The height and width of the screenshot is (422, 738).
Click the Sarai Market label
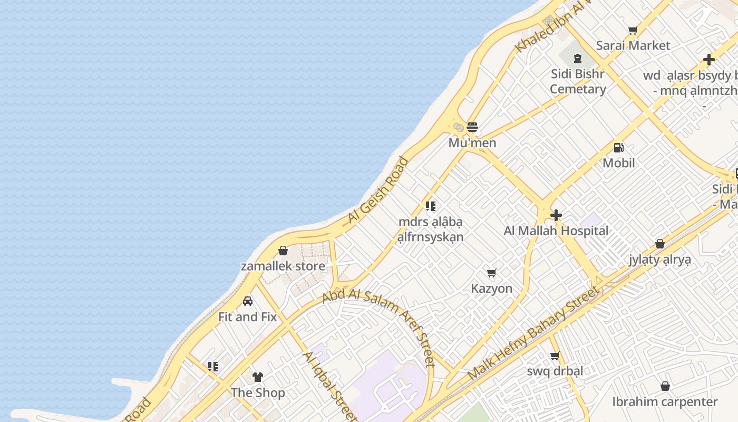(x=633, y=45)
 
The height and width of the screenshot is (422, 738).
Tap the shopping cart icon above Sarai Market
(x=633, y=31)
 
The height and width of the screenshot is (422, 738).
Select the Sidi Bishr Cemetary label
(x=578, y=81)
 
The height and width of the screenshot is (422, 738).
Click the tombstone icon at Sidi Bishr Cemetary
(x=578, y=59)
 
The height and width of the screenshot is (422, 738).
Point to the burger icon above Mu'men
(x=472, y=127)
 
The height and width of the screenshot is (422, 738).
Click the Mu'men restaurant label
(x=472, y=143)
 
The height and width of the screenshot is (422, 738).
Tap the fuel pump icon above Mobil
(x=619, y=148)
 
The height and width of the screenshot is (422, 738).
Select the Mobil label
(x=619, y=163)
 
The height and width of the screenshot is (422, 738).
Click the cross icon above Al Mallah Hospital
(x=556, y=215)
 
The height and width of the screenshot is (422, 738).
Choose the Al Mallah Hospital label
(x=556, y=231)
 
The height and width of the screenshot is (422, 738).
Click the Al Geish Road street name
(x=378, y=191)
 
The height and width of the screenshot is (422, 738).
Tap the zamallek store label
(x=283, y=266)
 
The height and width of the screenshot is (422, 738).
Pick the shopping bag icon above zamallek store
(x=283, y=251)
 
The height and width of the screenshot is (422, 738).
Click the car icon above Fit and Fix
(x=248, y=301)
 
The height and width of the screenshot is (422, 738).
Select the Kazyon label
(x=491, y=289)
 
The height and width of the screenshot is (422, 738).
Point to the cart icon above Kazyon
(x=491, y=273)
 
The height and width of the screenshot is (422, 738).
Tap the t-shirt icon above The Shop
(x=257, y=377)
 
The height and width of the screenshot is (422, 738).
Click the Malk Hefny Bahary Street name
(x=533, y=333)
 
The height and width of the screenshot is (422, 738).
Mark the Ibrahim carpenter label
(x=665, y=402)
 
